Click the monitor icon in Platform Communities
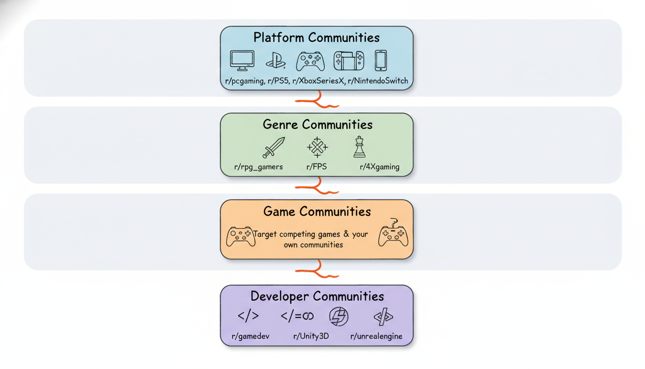[242, 61]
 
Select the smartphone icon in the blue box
[381, 61]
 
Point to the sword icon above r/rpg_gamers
[274, 148]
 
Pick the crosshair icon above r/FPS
[317, 147]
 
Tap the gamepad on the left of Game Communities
[240, 236]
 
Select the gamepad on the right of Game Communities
[393, 234]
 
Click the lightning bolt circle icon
[338, 317]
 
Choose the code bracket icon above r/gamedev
[248, 316]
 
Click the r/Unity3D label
[311, 336]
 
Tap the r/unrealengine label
[376, 336]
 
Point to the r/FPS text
[317, 167]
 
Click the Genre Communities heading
[317, 125]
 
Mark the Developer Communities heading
[317, 296]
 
